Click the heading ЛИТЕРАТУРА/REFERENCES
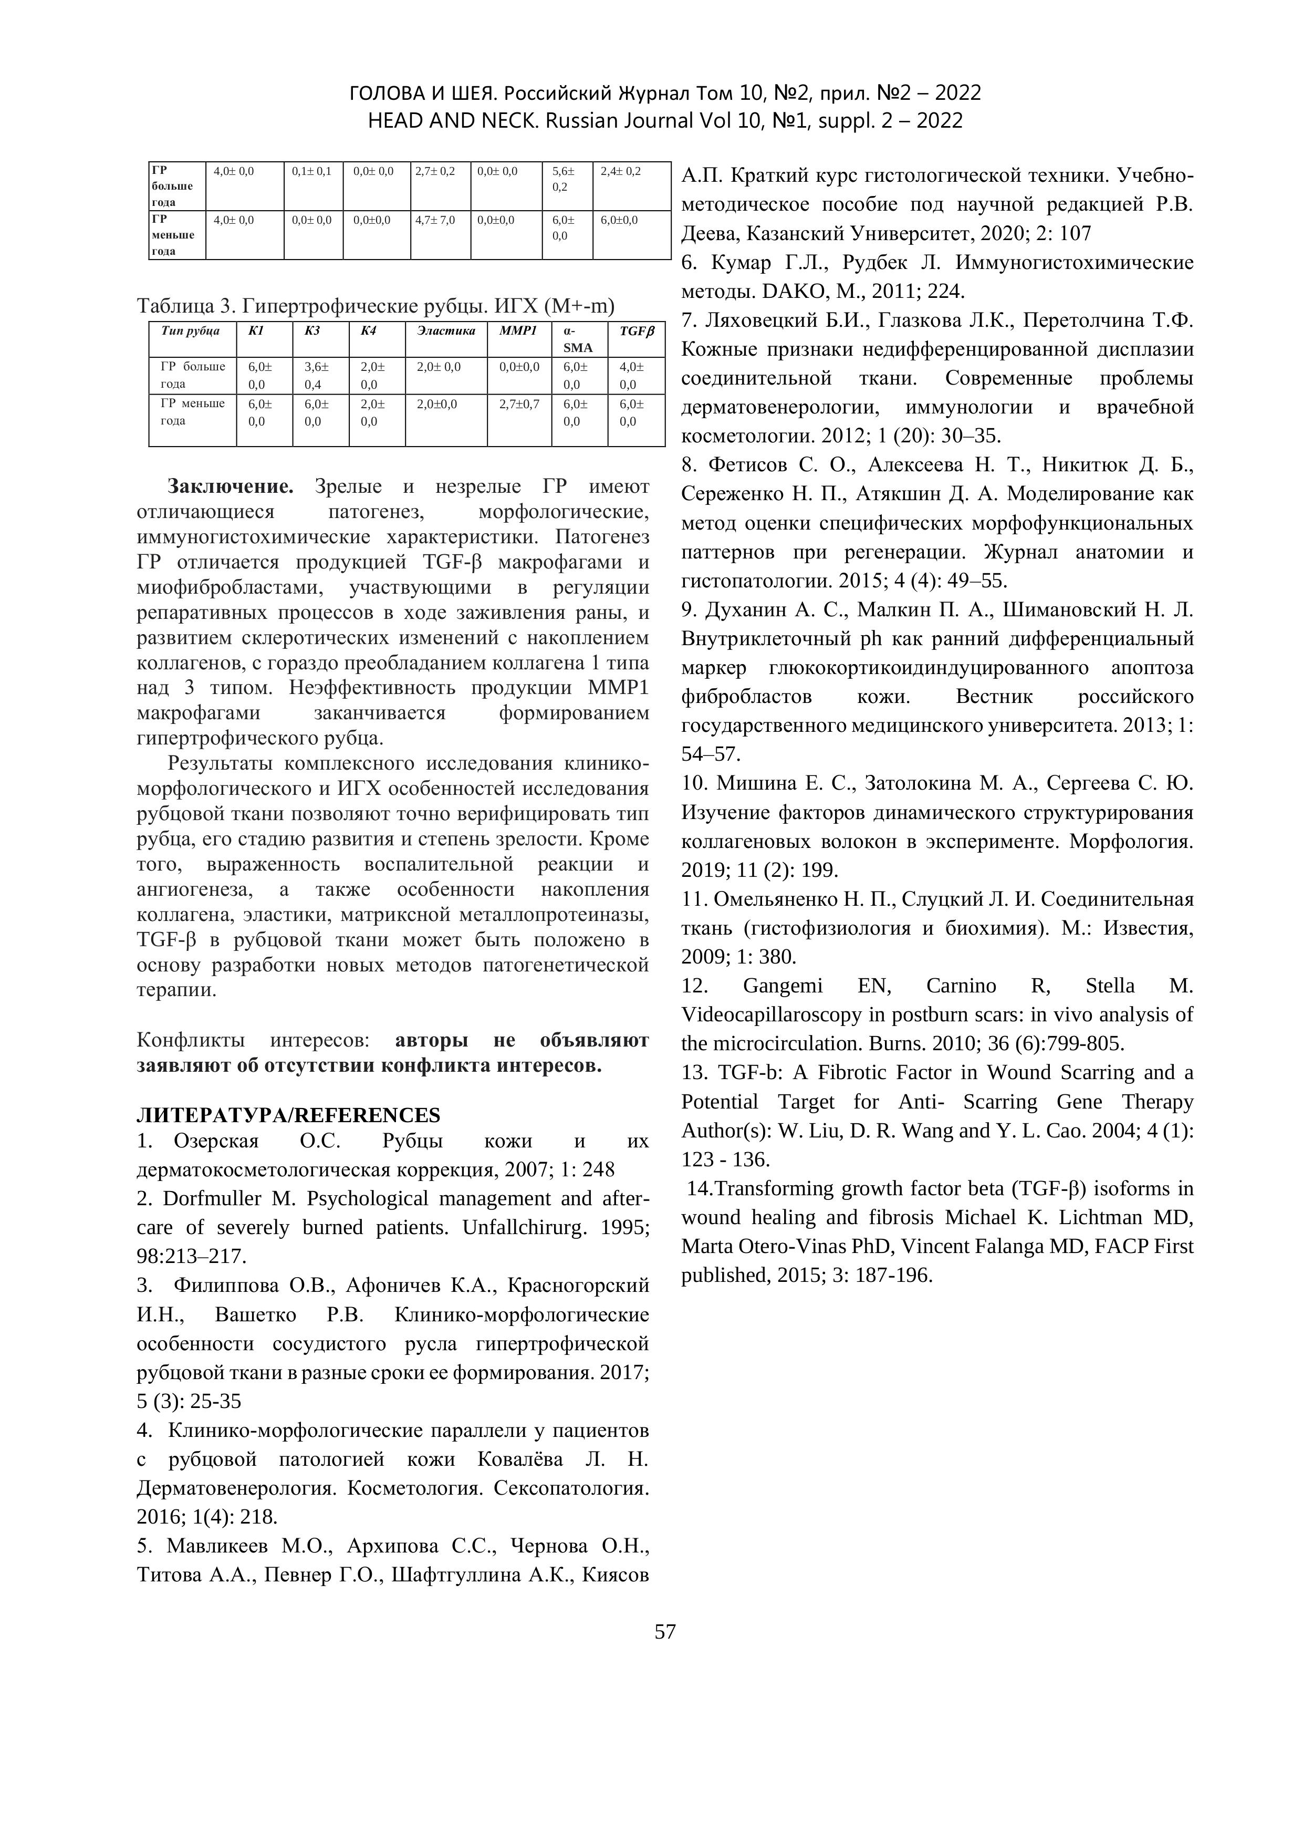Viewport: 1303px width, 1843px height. (x=289, y=1115)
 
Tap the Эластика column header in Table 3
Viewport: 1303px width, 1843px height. (x=445, y=330)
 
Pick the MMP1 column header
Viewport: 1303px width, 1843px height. (x=518, y=330)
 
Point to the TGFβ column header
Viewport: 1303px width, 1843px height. (x=636, y=330)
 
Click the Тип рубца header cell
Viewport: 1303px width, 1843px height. (x=190, y=330)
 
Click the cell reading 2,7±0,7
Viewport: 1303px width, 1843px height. (x=519, y=404)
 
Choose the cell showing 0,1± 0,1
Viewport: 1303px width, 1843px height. (x=311, y=171)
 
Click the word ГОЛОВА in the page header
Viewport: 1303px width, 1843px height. (x=392, y=93)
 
